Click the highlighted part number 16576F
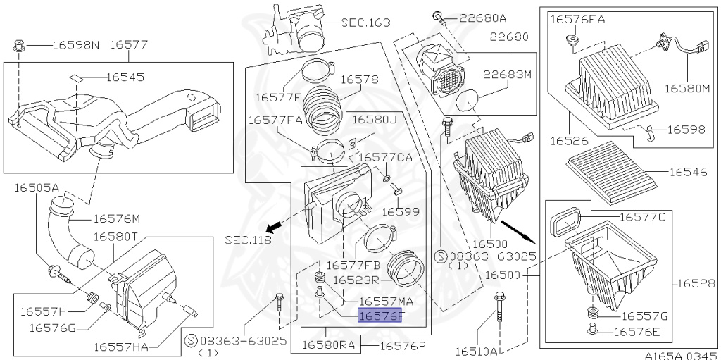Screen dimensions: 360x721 (x=381, y=316)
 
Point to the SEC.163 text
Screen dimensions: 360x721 (x=365, y=23)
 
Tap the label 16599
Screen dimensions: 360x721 (x=401, y=211)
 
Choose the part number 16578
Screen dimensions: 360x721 (x=360, y=80)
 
